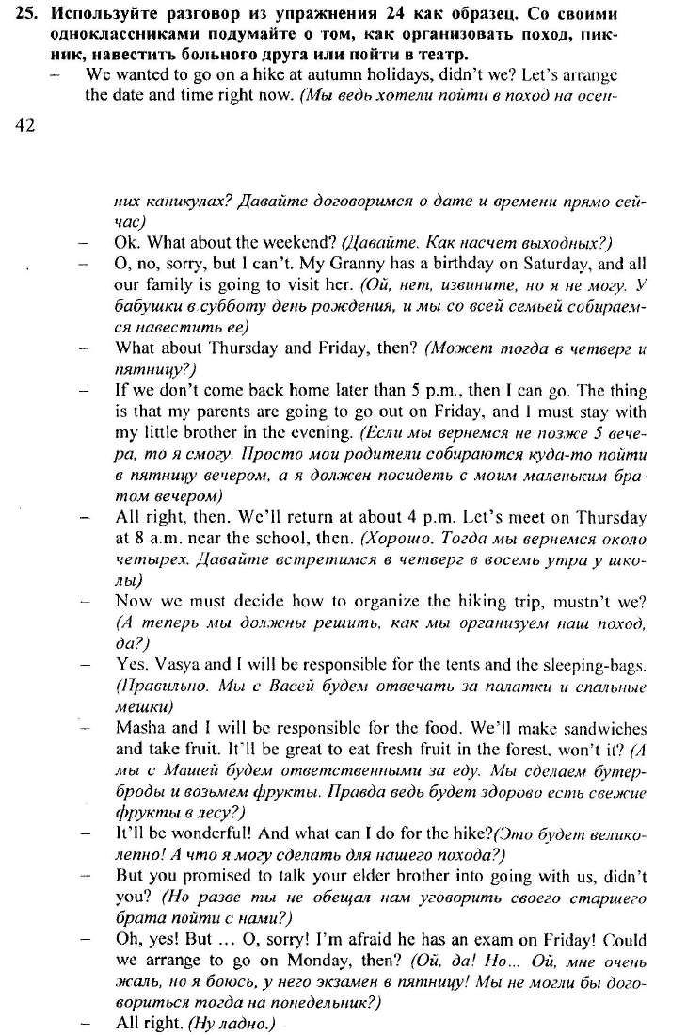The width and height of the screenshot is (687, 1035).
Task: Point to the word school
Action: (x=307, y=539)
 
